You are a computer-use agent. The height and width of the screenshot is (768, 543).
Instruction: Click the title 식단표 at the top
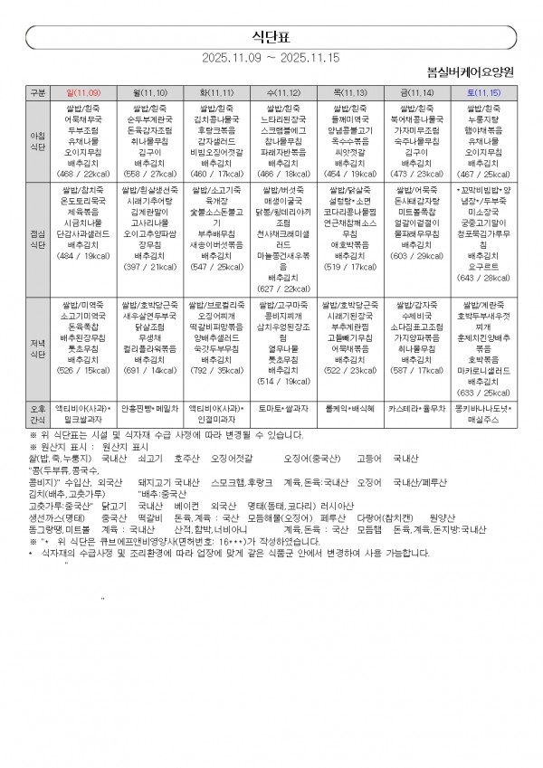point(271,35)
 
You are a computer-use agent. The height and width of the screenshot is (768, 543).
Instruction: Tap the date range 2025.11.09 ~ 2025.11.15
point(271,57)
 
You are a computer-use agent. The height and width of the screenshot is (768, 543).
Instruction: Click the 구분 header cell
point(37,92)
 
